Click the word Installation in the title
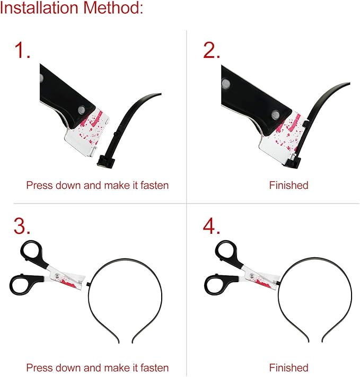click(x=39, y=8)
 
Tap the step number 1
click(x=22, y=50)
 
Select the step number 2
click(x=211, y=50)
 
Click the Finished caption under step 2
click(x=288, y=186)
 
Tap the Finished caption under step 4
click(x=288, y=368)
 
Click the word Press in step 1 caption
click(x=39, y=186)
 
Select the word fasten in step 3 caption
click(x=154, y=368)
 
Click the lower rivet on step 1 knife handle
click(x=82, y=110)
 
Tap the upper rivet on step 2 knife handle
click(x=226, y=83)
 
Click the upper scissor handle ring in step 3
click(x=31, y=251)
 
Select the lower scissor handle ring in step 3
click(x=21, y=285)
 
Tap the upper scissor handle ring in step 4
click(x=226, y=251)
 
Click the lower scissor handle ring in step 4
click(x=215, y=285)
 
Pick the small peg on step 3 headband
click(x=88, y=284)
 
